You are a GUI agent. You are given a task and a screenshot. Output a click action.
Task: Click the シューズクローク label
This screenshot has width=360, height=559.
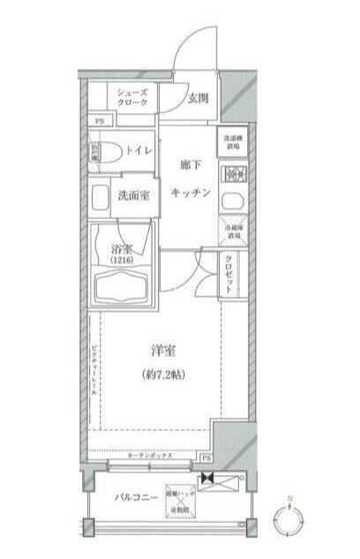131,97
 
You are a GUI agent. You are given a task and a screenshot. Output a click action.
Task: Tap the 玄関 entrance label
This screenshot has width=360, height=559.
198,98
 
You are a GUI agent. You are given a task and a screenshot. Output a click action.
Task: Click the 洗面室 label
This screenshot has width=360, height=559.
132,196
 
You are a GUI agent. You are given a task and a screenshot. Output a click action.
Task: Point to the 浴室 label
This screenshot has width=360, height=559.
122,249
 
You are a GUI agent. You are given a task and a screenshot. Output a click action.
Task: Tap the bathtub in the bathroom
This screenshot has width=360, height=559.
121,290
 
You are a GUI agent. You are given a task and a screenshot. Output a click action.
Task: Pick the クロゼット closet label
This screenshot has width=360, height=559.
229,276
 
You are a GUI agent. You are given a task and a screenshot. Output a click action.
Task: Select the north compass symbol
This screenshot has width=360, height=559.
289,521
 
